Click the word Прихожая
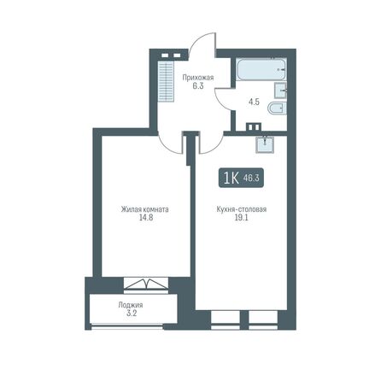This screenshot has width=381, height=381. pos(197,76)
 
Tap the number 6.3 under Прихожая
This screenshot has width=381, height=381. pos(197,85)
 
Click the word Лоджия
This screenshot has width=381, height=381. pos(130,304)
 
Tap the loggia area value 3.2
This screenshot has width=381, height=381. pos(130,314)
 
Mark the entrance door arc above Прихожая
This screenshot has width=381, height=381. pos(200,44)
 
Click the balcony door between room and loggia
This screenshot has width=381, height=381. pos(141,284)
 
